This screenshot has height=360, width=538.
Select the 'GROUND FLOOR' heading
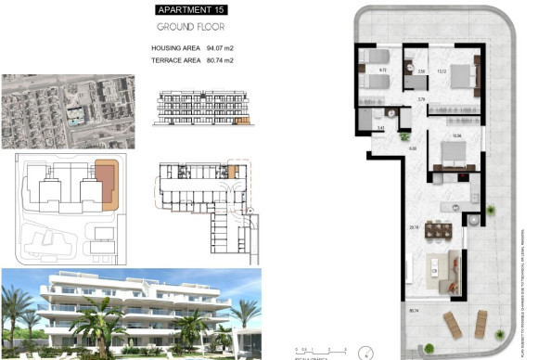pos(190,27)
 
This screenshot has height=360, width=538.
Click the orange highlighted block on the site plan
pos(107,182)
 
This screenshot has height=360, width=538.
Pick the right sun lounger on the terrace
pos(480,324)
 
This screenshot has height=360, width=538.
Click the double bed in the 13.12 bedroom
pos(462,80)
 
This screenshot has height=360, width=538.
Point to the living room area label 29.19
pos(414,225)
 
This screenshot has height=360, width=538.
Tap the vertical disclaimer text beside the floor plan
pos(531,269)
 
